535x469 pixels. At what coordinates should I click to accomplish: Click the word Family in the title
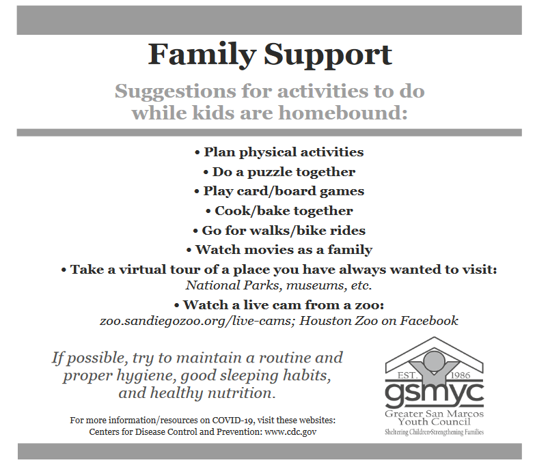click(x=202, y=55)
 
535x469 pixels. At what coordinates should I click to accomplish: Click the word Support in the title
click(x=328, y=55)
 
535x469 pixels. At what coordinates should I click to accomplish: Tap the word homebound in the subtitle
click(x=343, y=113)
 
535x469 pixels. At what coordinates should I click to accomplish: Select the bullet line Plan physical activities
click(x=279, y=152)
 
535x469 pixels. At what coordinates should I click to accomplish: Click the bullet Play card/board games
click(x=279, y=191)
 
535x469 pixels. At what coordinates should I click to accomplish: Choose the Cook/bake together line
click(x=279, y=211)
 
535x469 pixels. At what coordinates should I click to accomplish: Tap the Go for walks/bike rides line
click(x=279, y=231)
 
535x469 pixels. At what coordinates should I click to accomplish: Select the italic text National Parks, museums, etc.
click(x=279, y=285)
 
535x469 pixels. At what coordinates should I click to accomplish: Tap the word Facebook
click(x=429, y=321)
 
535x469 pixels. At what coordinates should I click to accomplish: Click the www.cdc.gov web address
click(x=290, y=432)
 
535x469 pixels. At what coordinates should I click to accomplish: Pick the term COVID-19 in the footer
click(x=233, y=421)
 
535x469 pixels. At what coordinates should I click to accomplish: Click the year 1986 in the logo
click(x=461, y=375)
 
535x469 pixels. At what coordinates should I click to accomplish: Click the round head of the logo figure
click(x=434, y=360)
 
